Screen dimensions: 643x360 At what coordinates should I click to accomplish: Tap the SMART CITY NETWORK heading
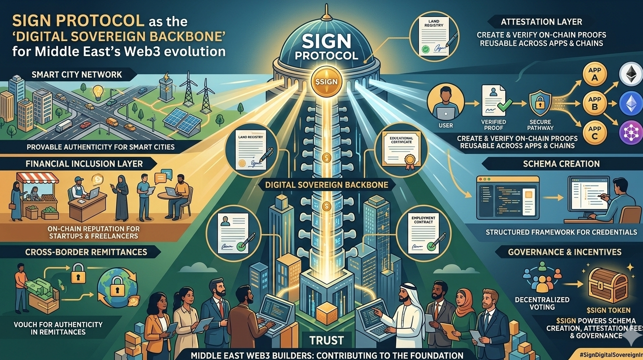pyautogui.click(x=76, y=74)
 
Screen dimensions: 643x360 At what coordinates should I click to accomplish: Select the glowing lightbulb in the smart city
pyautogui.click(x=98, y=91)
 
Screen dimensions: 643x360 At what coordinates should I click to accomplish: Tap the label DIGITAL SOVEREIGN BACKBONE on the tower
pyautogui.click(x=327, y=185)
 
